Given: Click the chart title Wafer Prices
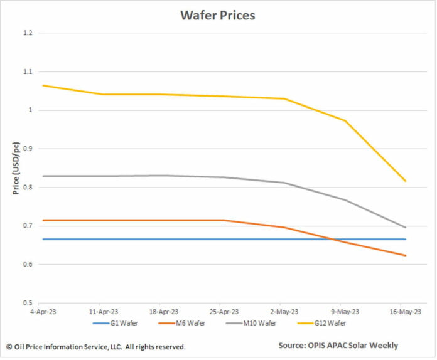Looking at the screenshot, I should (x=218, y=15).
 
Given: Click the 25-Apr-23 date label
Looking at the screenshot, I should (x=224, y=312).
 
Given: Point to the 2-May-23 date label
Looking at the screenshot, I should (x=284, y=312).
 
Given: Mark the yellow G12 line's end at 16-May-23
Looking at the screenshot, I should (x=406, y=181).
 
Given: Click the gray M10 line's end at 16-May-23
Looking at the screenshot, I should (x=406, y=227).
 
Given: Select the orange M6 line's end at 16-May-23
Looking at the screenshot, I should (x=406, y=255).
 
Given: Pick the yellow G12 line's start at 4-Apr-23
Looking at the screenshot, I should (x=42, y=85).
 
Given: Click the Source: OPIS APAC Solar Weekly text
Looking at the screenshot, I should (x=338, y=346).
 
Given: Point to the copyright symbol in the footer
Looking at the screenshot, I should (x=9, y=346).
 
